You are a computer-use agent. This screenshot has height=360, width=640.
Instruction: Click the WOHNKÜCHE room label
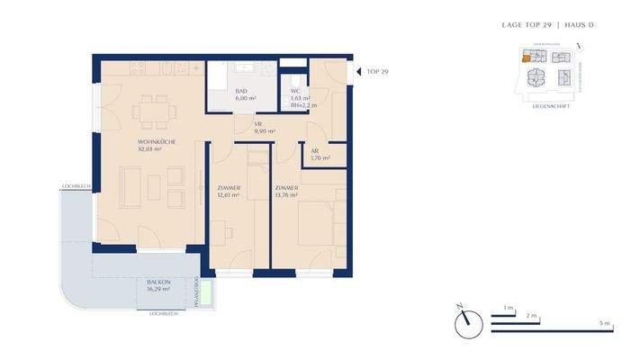coord(157,146)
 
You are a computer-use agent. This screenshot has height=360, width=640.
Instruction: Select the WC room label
coord(295,93)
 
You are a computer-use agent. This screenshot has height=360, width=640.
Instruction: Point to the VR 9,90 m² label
coord(262,127)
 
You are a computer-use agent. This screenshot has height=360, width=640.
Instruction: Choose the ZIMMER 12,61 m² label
coord(228,191)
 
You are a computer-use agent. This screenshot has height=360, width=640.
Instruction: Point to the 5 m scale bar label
coord(606,323)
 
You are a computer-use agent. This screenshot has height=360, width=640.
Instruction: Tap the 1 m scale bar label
coord(508,308)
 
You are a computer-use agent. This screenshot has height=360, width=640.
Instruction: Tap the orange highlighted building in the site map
coord(525,58)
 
